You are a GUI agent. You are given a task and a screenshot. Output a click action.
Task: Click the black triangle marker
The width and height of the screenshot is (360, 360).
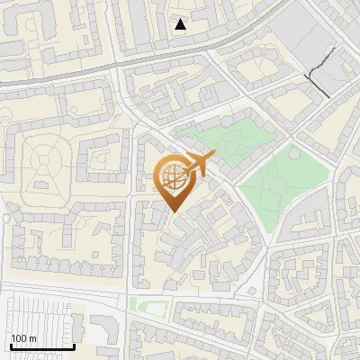(181, 24)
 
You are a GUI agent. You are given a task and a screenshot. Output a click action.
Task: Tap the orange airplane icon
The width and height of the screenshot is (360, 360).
(198, 163)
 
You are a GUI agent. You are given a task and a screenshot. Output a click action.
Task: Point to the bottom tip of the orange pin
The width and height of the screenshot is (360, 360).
(174, 212)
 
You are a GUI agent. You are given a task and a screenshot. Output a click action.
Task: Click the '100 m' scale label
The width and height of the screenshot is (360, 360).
(23, 338)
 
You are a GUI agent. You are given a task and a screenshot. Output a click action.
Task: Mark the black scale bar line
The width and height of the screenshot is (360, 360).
(41, 347)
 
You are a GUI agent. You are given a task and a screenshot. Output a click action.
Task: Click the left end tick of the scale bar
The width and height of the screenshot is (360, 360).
(11, 346)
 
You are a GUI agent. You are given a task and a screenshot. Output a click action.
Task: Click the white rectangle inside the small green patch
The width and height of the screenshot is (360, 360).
(155, 310)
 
